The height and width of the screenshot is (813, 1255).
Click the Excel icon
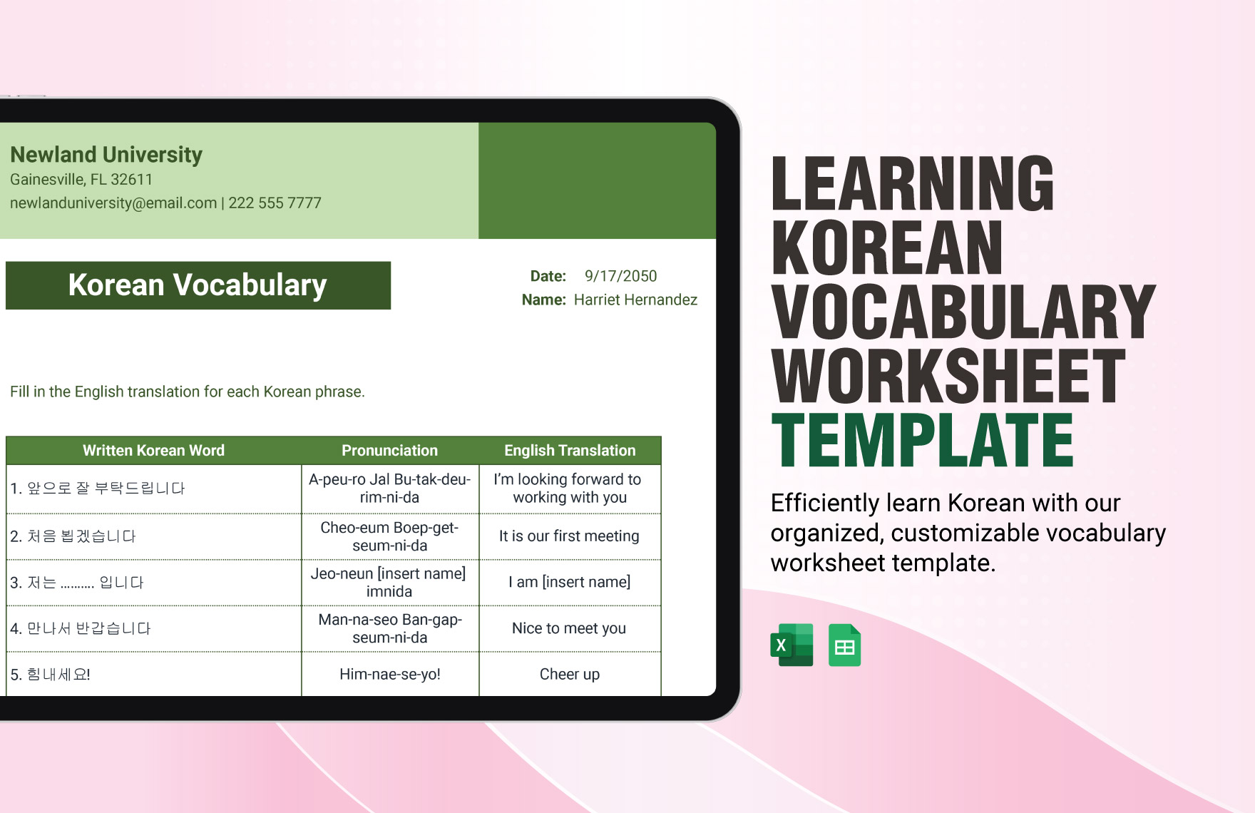click(x=792, y=645)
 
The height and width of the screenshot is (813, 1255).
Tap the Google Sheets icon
click(x=844, y=645)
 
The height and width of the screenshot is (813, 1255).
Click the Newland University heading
click(x=106, y=155)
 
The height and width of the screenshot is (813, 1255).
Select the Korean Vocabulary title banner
click(x=198, y=285)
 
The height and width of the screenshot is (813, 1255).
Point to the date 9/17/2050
click(x=620, y=276)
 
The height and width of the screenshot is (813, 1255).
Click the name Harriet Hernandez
click(x=635, y=300)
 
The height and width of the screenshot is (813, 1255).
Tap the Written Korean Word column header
click(x=153, y=451)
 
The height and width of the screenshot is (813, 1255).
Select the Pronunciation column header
click(x=389, y=451)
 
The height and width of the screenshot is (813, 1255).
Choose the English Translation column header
click(x=570, y=451)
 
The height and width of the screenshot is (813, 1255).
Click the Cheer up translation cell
click(x=569, y=674)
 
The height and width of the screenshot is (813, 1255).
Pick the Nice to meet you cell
click(x=569, y=628)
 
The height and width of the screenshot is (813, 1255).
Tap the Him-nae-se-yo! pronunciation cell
click(x=389, y=674)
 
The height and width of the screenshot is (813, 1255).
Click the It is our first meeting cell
click(x=569, y=536)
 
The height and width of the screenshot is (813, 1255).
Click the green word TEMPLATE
click(x=922, y=441)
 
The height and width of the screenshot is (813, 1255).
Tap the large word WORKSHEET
click(x=948, y=376)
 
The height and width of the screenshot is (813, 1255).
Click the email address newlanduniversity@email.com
click(x=113, y=203)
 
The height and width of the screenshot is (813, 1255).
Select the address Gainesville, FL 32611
click(x=81, y=180)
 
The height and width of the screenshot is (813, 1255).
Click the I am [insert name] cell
click(x=569, y=582)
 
